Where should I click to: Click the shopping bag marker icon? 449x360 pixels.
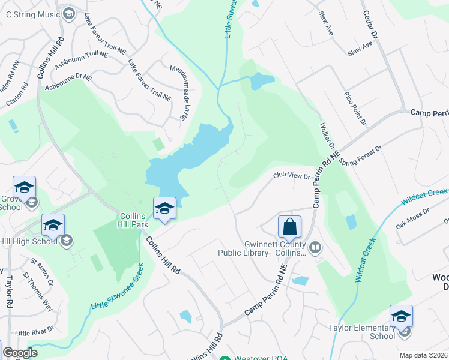coord(289,227)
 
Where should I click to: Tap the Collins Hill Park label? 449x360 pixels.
coord(133,220)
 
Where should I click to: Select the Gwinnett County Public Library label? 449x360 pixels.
coord(276,249)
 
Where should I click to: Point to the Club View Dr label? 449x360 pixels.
coord(291,176)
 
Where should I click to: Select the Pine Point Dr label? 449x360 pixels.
coord(355,108)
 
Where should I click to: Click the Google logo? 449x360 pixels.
coord(20,353)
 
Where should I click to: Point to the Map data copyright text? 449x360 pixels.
coord(423,355)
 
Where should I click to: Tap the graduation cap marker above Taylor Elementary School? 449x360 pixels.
coord(401,316)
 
